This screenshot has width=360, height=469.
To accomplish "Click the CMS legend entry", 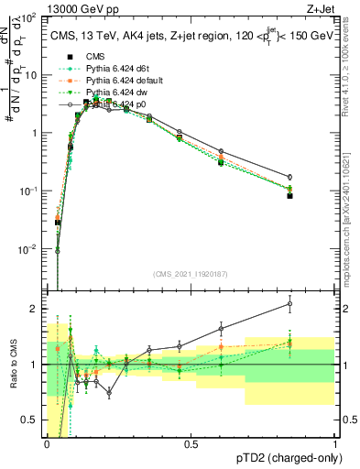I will point(95,57).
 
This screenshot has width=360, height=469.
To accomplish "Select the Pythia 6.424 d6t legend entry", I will point(118,69).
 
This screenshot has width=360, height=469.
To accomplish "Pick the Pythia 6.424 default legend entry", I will point(123,81).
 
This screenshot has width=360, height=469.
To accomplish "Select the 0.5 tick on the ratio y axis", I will point(33,420).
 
